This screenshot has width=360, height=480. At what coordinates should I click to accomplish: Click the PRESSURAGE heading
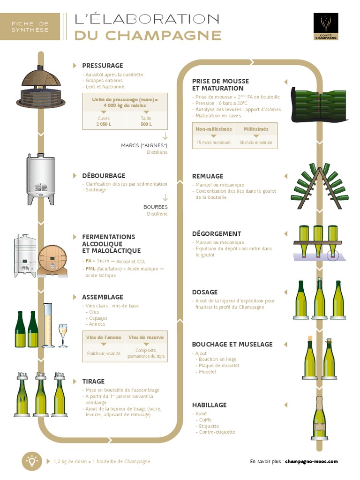[x=102, y=66]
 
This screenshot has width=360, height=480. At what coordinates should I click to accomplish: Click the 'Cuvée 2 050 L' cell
[x=104, y=121]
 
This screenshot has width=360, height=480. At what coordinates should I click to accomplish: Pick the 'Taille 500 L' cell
[x=146, y=121]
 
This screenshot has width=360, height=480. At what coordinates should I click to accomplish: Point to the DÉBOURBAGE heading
[x=104, y=176]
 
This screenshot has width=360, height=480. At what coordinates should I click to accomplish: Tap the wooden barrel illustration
[x=52, y=260]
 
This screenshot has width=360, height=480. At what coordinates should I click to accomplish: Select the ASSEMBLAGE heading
[x=103, y=297]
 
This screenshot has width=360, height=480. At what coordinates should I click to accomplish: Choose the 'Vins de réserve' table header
[x=146, y=337]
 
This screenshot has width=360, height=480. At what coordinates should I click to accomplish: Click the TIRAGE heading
[x=93, y=382]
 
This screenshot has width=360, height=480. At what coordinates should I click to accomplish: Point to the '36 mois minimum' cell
[x=255, y=142]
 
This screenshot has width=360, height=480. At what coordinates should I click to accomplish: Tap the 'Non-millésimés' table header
[x=214, y=129]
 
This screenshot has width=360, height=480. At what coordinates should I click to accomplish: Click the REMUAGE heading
[x=208, y=176]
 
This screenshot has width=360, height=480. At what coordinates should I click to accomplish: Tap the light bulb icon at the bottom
[x=32, y=461]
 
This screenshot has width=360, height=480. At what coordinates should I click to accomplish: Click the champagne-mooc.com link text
[x=311, y=462]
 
